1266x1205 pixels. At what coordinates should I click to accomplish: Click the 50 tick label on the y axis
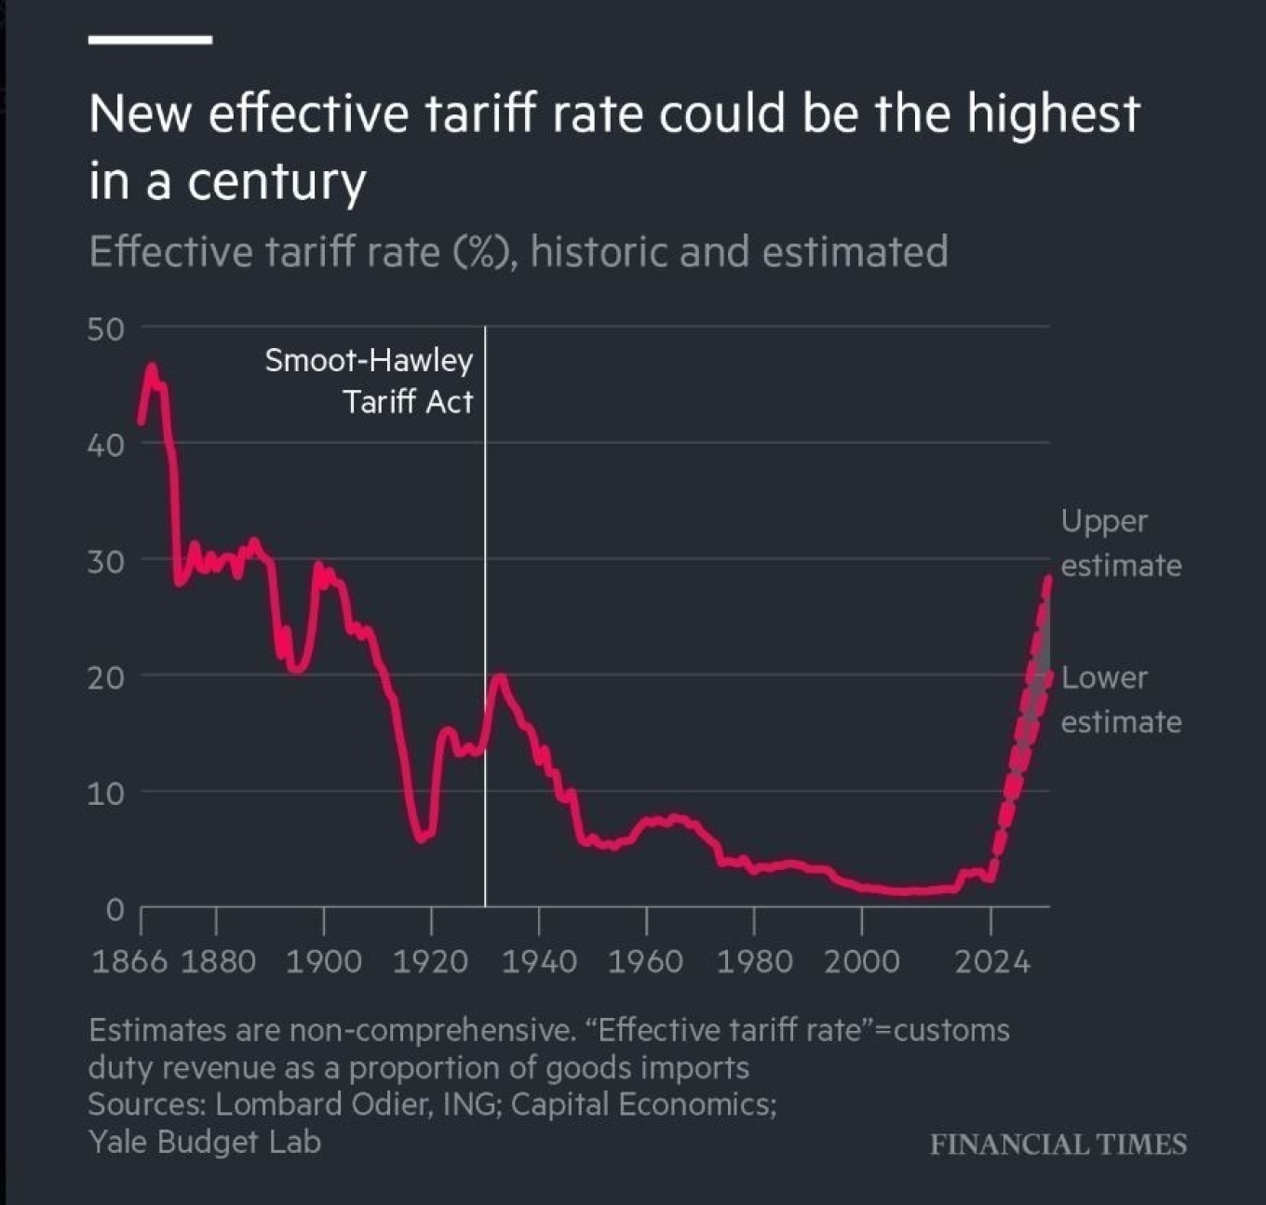point(105,329)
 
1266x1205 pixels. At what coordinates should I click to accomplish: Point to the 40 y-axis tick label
point(105,446)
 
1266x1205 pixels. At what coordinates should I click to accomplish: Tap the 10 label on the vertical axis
point(105,795)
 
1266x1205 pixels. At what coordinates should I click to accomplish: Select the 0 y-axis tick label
point(114,910)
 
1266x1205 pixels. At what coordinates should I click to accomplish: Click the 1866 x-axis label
point(129,962)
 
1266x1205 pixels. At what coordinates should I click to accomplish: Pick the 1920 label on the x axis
point(430,962)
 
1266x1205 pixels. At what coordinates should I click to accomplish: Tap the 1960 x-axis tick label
point(645,962)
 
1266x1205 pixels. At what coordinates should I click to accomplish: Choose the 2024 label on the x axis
point(992,962)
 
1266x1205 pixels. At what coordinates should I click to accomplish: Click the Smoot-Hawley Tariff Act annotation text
point(369,382)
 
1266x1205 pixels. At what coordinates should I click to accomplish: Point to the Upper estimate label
point(1121,543)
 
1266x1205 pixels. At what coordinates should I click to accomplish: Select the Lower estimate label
point(1121,700)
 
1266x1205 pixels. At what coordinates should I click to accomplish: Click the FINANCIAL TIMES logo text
point(1058,1145)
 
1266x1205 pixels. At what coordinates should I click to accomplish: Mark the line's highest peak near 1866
point(152,368)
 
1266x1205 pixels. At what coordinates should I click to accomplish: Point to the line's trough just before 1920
point(423,837)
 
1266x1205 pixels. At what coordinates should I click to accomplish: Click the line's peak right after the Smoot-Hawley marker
point(499,677)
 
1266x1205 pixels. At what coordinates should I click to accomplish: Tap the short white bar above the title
point(150,39)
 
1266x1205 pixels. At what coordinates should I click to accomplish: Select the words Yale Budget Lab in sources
point(205,1143)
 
